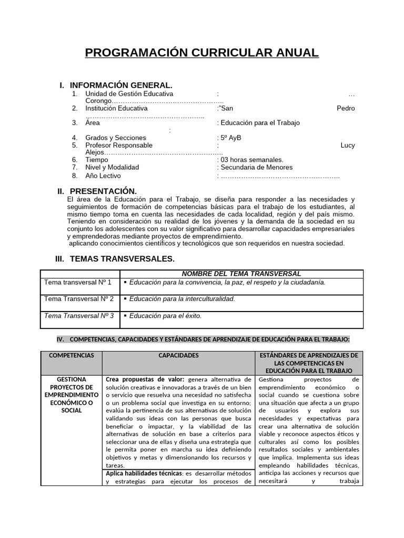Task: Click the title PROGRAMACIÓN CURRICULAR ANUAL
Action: coord(201,53)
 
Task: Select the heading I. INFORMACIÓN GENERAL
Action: coord(116,85)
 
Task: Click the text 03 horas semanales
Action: coord(252,160)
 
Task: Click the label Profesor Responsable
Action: coord(119,145)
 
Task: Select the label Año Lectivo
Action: coord(103,175)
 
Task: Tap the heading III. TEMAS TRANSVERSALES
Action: coord(115,259)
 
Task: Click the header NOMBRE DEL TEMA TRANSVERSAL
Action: coord(241,274)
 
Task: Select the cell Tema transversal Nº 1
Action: coord(78,282)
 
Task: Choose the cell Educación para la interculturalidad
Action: coord(182,299)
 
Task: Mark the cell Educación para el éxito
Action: coord(165,316)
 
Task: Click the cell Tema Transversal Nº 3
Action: coord(79,316)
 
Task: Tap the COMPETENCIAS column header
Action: coord(72,356)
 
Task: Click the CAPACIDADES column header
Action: coord(178,356)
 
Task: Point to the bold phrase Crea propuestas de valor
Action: coord(145,379)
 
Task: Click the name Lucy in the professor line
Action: coord(348,145)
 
